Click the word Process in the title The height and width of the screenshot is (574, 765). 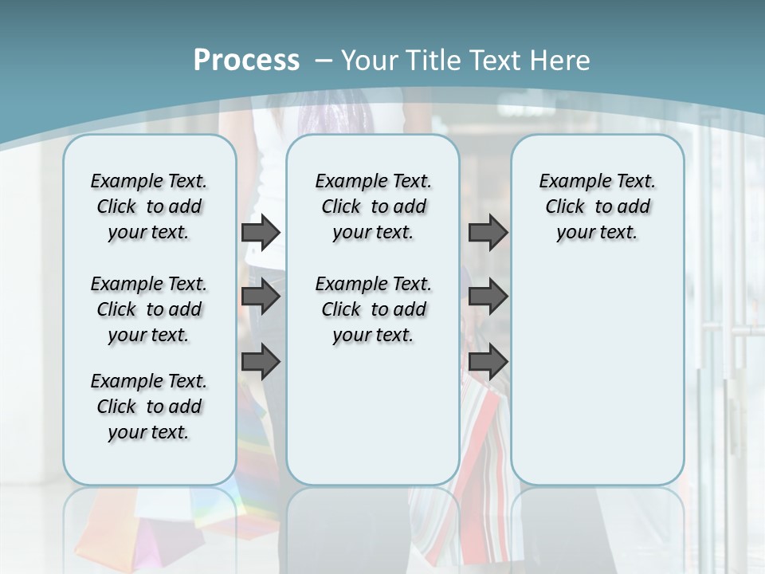click(x=246, y=61)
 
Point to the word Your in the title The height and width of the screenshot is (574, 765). click(x=372, y=61)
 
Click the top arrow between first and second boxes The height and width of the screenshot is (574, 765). click(x=261, y=232)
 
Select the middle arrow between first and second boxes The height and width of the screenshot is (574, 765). click(x=261, y=297)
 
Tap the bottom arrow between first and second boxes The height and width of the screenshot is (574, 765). click(x=261, y=363)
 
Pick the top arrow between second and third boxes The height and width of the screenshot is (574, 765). click(x=488, y=232)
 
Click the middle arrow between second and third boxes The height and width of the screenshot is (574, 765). click(x=488, y=297)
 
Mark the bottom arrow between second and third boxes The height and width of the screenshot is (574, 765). click(x=488, y=363)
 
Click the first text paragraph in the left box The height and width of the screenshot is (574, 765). click(x=149, y=206)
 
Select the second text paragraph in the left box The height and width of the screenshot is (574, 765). click(x=149, y=309)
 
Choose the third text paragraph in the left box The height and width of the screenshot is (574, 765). click(x=149, y=407)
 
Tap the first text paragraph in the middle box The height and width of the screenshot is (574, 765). click(x=373, y=206)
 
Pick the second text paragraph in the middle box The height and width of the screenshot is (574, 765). click(x=373, y=309)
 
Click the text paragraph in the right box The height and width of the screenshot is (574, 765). click(x=597, y=206)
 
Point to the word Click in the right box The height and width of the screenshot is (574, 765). click(x=565, y=207)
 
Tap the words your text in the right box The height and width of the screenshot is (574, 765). click(x=597, y=233)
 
